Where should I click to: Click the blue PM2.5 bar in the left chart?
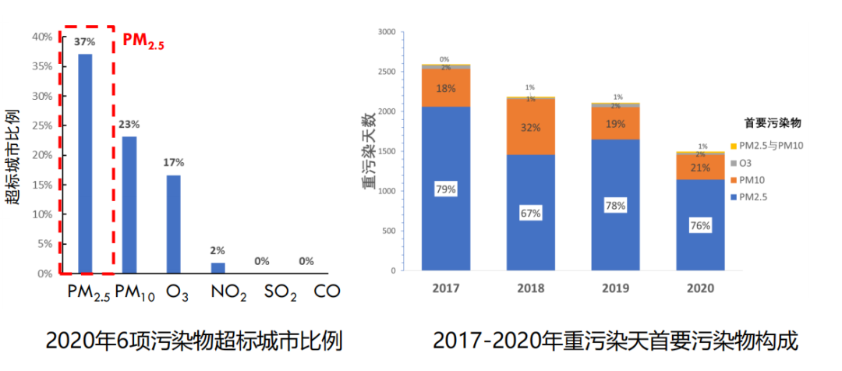(85, 164)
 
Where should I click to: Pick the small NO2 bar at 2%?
(218, 268)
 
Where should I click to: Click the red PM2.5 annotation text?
(143, 41)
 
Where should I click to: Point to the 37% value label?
(84, 42)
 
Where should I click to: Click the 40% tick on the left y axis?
(42, 37)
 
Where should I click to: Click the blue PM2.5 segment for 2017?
(446, 188)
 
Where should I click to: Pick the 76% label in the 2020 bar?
(700, 226)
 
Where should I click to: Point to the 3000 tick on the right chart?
(386, 32)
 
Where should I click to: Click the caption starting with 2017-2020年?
(615, 341)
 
